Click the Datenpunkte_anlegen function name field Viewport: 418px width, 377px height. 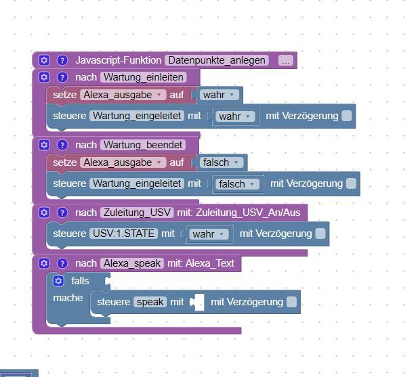[217, 60]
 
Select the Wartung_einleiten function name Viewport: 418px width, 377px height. [144, 77]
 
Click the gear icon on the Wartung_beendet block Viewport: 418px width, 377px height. [44, 145]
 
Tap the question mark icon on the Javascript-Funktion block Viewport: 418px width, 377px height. [62, 60]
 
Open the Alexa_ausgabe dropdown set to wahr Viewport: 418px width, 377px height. [123, 95]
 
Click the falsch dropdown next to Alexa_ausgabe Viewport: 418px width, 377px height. [222, 162]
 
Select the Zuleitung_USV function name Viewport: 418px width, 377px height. [137, 213]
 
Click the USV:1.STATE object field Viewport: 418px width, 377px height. [124, 234]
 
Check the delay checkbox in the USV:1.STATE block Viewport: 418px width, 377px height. [320, 234]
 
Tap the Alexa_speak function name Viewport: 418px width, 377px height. [132, 263]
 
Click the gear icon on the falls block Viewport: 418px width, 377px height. [58, 281]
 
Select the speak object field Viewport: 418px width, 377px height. [150, 302]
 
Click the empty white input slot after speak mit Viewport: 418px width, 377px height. [199, 302]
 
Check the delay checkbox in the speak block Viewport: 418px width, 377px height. [291, 302]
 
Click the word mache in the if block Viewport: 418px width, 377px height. [68, 298]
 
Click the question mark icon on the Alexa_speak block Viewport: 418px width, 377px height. [62, 263]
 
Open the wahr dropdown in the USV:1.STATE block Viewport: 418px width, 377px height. [209, 234]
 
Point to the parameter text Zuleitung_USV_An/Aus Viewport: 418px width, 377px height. [248, 213]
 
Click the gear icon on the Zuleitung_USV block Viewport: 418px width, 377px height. [44, 213]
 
